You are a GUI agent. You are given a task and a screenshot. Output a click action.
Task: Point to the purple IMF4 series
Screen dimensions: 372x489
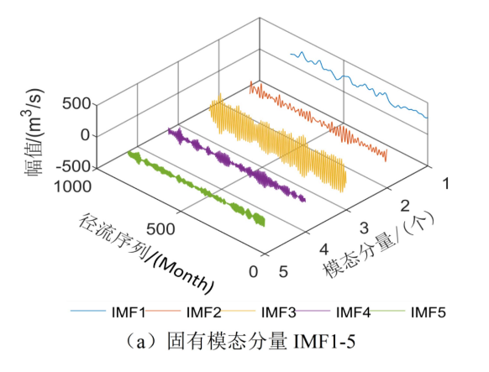coord(235,164)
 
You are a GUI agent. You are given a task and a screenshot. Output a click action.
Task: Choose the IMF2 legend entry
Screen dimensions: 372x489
coord(202,312)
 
